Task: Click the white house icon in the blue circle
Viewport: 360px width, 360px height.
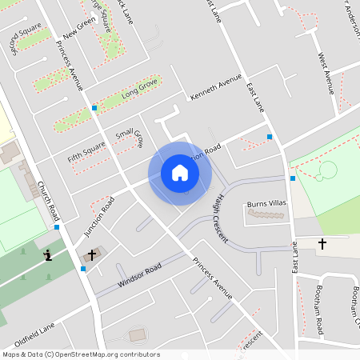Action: (x=180, y=173)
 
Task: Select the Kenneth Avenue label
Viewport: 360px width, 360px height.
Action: (x=215, y=88)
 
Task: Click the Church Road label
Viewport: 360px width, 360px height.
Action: (x=48, y=201)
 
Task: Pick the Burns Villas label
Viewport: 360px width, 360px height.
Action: (x=266, y=204)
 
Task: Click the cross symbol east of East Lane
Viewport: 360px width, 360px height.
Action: (x=323, y=242)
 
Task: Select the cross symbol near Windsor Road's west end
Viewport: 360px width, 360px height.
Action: (x=91, y=255)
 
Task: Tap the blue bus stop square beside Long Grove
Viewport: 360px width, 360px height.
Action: (x=94, y=107)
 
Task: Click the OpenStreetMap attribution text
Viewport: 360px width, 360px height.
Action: (x=81, y=354)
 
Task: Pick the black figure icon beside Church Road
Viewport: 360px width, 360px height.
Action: (x=47, y=256)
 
